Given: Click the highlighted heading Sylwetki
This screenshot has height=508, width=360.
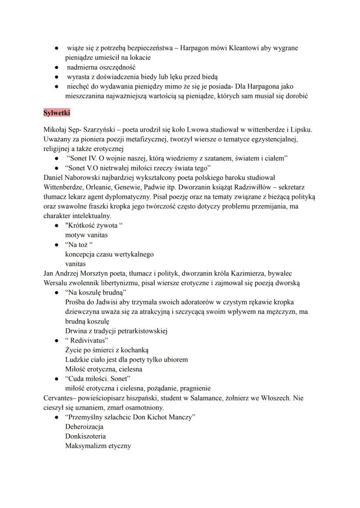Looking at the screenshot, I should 57,113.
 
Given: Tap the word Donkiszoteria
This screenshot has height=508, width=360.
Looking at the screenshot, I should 85,436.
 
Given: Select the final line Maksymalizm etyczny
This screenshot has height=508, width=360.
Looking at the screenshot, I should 98,445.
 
